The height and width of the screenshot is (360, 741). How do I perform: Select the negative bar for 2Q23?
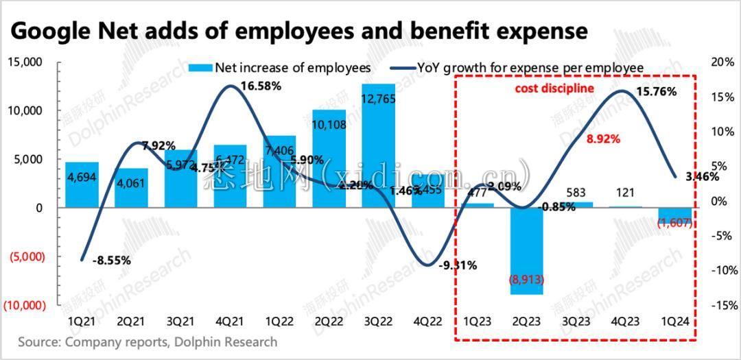(527, 250)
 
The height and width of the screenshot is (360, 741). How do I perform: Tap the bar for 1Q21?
(82, 184)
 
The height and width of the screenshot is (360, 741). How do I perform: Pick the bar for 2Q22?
(329, 158)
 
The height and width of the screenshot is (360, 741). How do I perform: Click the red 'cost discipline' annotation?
(554, 89)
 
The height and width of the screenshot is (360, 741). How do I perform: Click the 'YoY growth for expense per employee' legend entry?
(517, 68)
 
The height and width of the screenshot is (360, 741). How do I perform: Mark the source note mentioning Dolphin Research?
(148, 341)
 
